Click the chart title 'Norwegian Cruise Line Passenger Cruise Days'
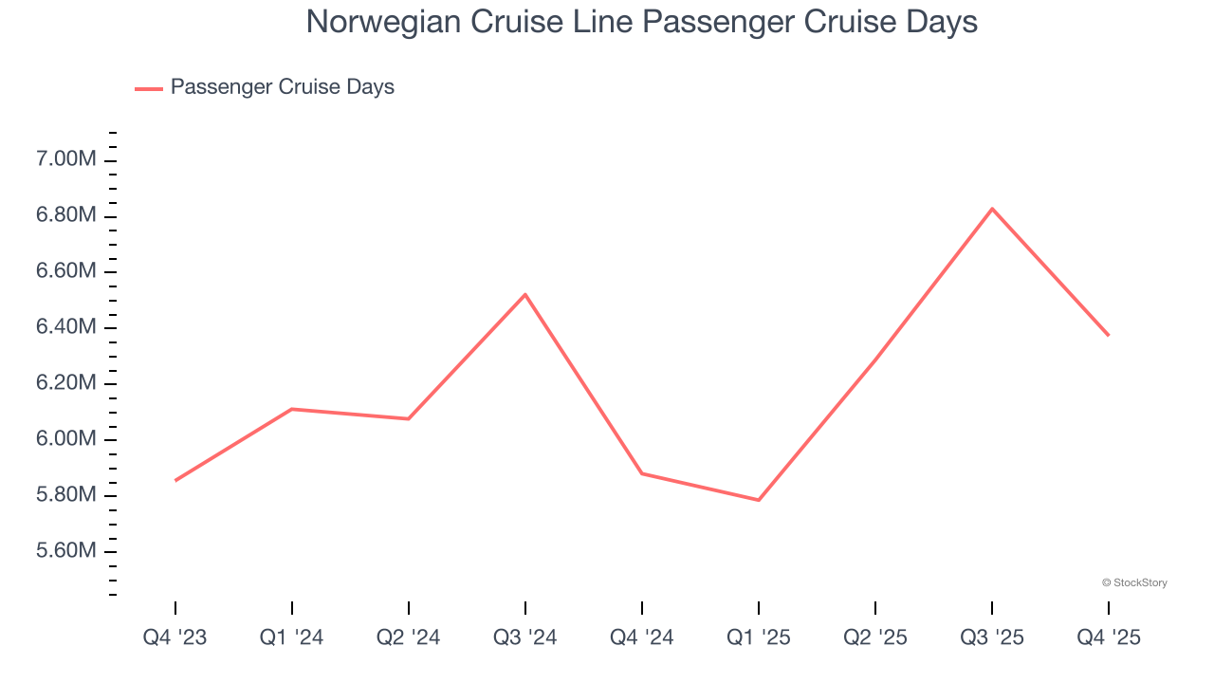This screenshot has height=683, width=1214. pyautogui.click(x=641, y=22)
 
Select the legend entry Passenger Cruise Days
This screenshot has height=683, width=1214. pyautogui.click(x=282, y=87)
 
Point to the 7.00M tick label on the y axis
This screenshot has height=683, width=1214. pyautogui.click(x=66, y=159)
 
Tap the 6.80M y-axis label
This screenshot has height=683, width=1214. pyautogui.click(x=66, y=215)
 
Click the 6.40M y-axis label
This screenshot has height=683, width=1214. pyautogui.click(x=66, y=327)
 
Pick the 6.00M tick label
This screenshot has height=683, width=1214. pyautogui.click(x=66, y=439)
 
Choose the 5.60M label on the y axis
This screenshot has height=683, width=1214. pyautogui.click(x=66, y=551)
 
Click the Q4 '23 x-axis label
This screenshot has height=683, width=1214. pyautogui.click(x=175, y=637)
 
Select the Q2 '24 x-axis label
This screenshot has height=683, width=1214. pyautogui.click(x=408, y=637)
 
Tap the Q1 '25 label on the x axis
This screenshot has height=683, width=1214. pyautogui.click(x=758, y=637)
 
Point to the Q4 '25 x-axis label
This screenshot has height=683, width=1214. pyautogui.click(x=1108, y=637)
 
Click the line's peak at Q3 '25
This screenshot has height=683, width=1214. pyautogui.click(x=992, y=209)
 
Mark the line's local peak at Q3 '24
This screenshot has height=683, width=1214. pyautogui.click(x=525, y=294)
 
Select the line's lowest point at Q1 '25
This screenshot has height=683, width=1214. pyautogui.click(x=759, y=500)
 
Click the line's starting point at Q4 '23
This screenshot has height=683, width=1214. pyautogui.click(x=175, y=480)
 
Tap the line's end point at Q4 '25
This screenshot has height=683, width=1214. pyautogui.click(x=1108, y=335)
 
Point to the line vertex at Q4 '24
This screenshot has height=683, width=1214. pyautogui.click(x=642, y=472)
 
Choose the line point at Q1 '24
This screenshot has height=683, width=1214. pyautogui.click(x=291, y=409)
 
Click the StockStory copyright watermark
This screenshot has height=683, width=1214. pyautogui.click(x=1134, y=582)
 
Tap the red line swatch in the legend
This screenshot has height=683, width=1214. pyautogui.click(x=149, y=88)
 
